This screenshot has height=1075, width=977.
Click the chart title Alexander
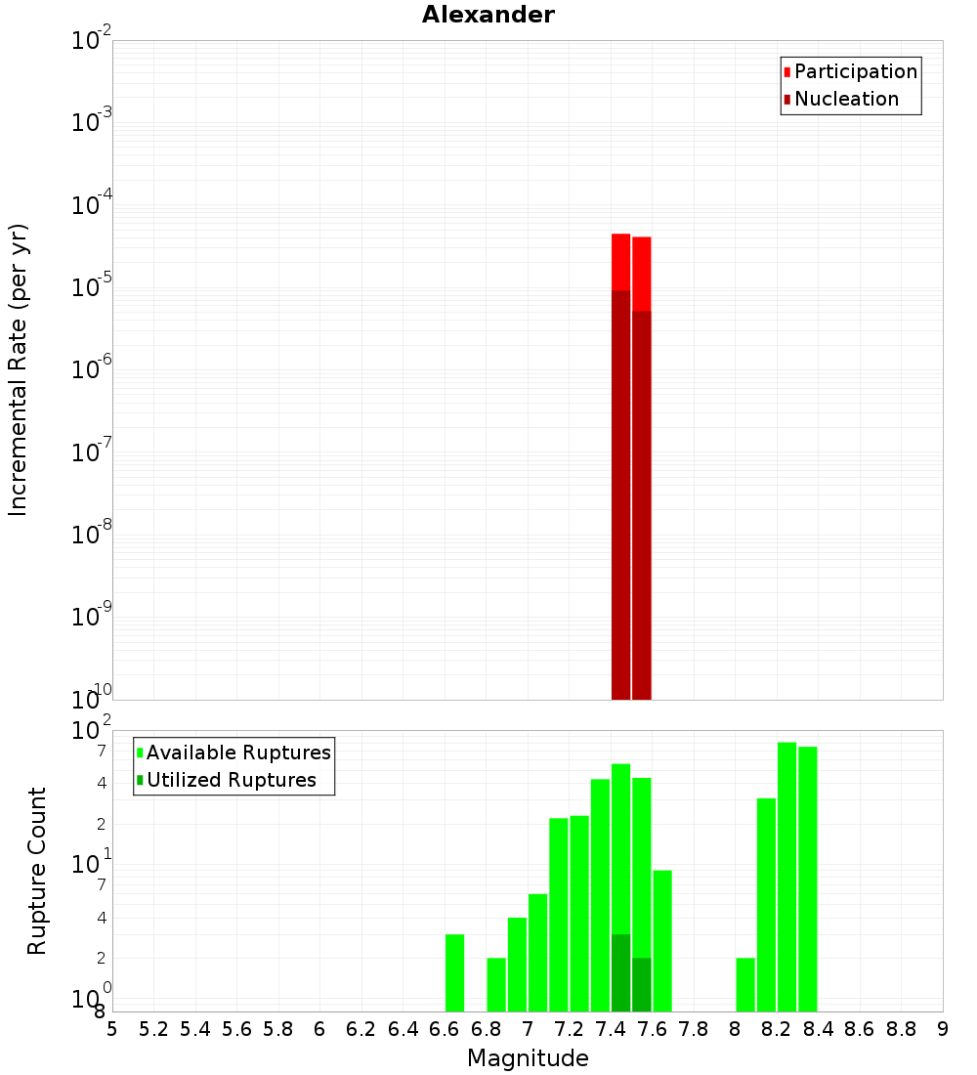[488, 15]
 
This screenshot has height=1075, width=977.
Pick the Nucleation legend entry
[846, 99]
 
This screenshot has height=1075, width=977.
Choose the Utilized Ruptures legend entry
[231, 780]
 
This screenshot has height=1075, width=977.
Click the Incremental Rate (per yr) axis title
[19, 369]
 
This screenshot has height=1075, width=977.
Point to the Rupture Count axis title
[37, 871]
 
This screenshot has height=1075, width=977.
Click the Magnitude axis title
[528, 1058]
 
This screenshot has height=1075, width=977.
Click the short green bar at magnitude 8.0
[745, 984]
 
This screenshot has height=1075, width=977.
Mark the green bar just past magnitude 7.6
[662, 940]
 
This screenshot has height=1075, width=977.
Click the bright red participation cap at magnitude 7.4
[620, 262]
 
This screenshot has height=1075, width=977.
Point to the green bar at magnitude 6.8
[496, 984]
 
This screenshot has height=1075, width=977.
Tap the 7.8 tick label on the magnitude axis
[694, 1029]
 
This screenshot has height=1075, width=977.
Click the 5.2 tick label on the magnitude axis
[154, 1029]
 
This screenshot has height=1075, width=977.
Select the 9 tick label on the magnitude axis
[943, 1029]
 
